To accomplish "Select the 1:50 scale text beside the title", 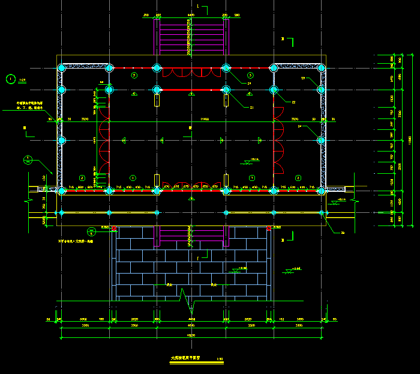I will click(x=220, y=359).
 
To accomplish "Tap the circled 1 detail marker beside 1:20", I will click(x=10, y=78).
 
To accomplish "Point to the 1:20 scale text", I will click(x=23, y=79).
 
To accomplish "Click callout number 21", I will click(x=253, y=108).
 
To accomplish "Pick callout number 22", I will click(x=293, y=102).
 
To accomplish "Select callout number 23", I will click(x=303, y=78).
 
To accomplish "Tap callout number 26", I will click(x=343, y=232).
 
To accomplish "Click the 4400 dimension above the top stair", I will click(x=191, y=14).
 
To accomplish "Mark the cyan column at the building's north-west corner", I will click(x=61, y=67).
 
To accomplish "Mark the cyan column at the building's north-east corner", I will click(x=321, y=67).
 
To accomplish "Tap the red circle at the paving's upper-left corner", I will click(x=114, y=228).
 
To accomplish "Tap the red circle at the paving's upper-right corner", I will click(x=269, y=228).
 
